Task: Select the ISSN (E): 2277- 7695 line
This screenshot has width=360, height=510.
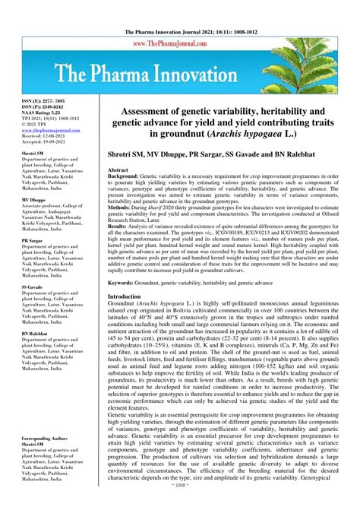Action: pos(33,100)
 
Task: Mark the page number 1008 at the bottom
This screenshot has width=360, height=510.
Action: pos(181,504)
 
